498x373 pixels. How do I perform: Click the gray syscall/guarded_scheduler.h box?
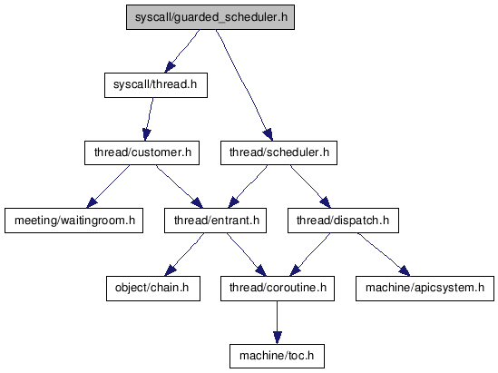point(210,17)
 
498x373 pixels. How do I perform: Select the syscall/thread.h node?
point(156,85)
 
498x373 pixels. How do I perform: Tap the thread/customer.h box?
point(142,152)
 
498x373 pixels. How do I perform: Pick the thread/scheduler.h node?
point(278,152)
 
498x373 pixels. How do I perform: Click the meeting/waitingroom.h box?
point(74,221)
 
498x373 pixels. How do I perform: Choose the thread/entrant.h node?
point(215,221)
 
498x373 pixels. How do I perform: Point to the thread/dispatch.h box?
point(343,221)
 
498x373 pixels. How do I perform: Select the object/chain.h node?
point(153,289)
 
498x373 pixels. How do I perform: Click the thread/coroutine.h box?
point(278,289)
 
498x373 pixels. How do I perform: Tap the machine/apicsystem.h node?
point(425,289)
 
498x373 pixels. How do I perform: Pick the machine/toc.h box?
point(277,356)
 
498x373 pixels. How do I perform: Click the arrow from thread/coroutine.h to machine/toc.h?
point(277,322)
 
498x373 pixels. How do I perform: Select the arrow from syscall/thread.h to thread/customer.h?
point(149,119)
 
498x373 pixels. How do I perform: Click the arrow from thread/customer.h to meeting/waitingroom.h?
point(108,187)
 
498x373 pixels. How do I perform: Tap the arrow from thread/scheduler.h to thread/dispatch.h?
point(310,187)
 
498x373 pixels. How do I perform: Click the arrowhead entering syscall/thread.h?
point(170,67)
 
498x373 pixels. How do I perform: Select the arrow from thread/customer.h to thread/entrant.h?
point(180,187)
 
